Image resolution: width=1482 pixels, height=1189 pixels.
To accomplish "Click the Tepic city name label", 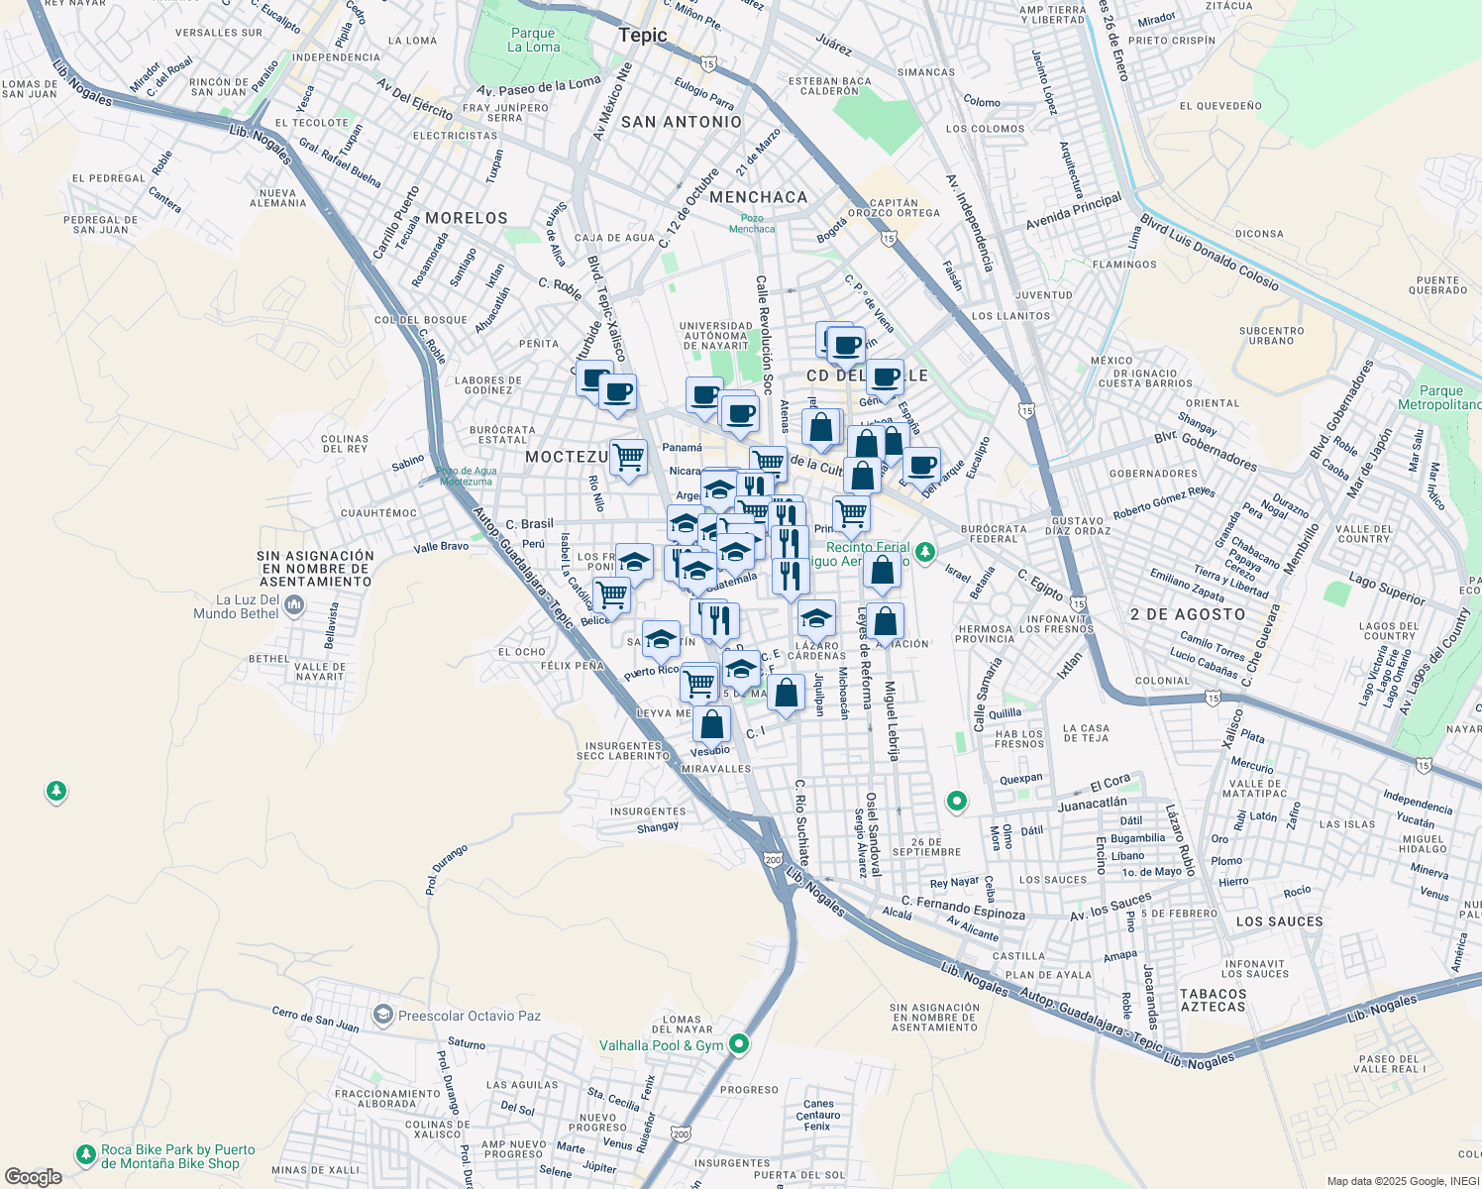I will point(642,36).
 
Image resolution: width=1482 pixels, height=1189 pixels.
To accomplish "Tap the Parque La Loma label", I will point(533,40).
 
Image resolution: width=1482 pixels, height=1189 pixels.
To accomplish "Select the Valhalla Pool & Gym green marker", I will point(739,1044).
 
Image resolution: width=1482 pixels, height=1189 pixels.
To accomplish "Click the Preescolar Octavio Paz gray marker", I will point(382,1015).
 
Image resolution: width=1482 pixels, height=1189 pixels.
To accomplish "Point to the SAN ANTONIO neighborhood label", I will point(681,122).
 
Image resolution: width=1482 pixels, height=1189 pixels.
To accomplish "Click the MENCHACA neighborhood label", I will point(758,197).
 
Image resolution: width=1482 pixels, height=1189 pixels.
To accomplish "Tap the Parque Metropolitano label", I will point(1438,397).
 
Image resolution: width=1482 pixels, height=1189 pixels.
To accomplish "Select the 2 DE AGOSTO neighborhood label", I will point(1187,614).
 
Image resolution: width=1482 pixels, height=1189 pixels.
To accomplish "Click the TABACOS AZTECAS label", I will point(1213,1000).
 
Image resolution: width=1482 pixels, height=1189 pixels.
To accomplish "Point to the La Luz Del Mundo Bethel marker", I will point(293,604).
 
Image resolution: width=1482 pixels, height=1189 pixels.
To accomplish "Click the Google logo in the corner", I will point(33,1176).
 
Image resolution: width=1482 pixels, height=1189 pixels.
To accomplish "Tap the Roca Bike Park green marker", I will point(86,1155).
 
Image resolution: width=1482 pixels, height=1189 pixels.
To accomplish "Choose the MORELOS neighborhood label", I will point(466,218).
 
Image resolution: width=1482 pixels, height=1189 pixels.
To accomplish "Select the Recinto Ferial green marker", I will point(924,552).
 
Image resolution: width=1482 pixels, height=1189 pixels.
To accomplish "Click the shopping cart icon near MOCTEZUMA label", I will point(628,458).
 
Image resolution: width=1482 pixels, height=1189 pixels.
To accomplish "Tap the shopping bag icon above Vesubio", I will point(711,724).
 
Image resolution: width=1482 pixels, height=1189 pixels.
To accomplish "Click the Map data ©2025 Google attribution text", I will point(1402,1181).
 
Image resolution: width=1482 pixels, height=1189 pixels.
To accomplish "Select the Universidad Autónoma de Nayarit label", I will point(715,335).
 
